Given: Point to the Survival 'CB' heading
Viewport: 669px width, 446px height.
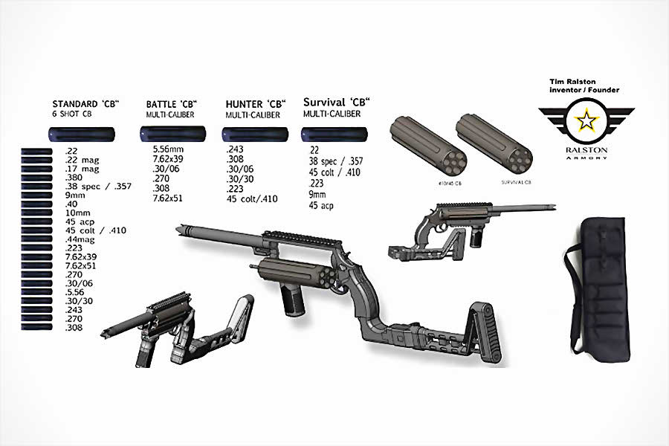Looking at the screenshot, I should (x=337, y=101).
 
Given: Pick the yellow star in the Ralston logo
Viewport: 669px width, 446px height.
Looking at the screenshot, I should (x=587, y=121).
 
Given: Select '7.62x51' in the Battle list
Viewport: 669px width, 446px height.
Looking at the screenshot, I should (x=169, y=198).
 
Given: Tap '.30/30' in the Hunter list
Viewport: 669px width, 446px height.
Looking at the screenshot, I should (x=239, y=179).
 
